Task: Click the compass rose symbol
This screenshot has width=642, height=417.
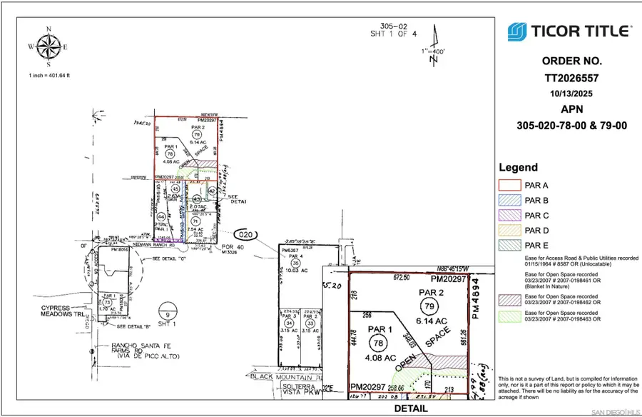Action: coord(49,48)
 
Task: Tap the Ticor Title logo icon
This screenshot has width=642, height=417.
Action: coord(517,32)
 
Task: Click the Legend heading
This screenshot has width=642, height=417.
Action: coord(518,168)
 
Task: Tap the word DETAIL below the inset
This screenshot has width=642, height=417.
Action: coord(410,409)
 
